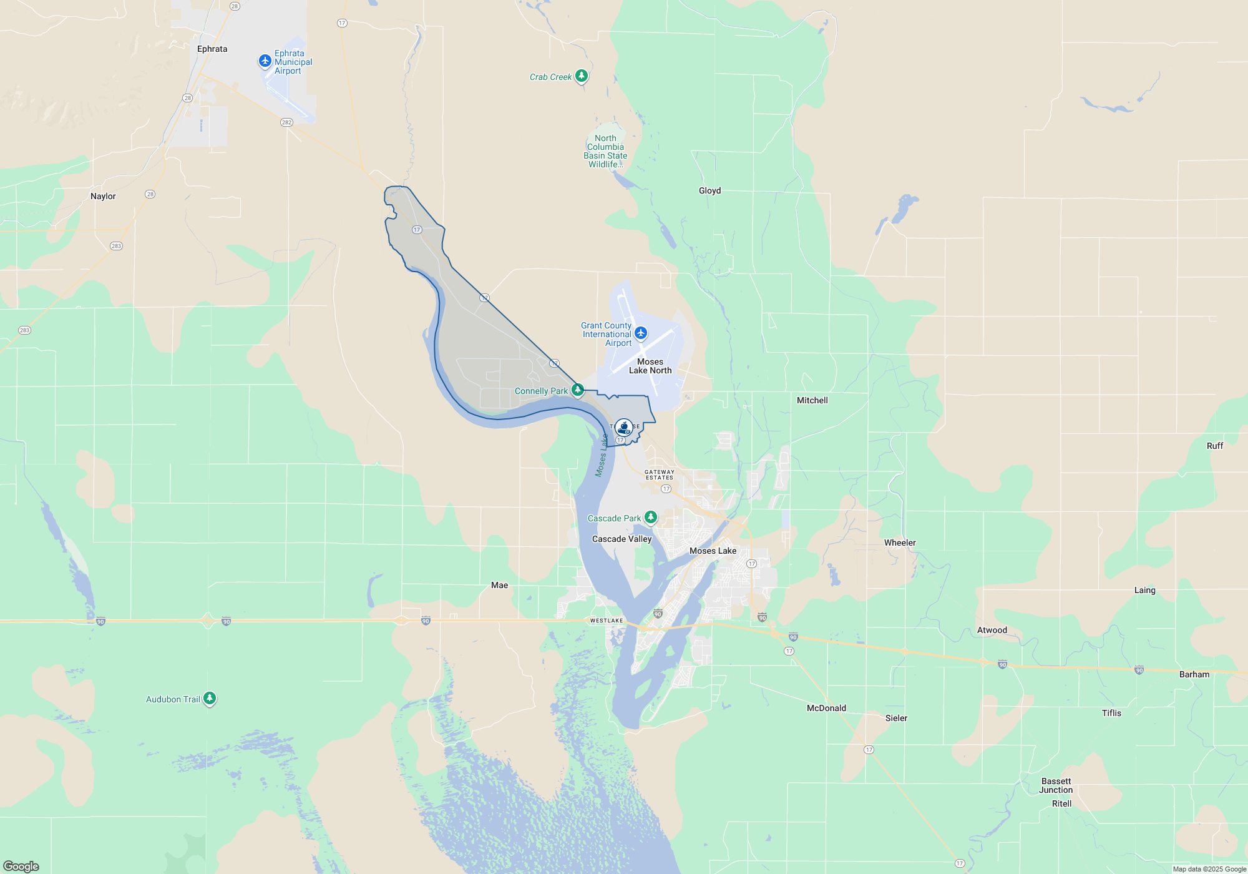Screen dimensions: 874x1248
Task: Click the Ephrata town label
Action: tap(212, 49)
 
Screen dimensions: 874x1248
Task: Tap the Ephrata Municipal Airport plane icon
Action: tap(265, 61)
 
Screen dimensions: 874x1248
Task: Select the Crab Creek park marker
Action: tap(582, 76)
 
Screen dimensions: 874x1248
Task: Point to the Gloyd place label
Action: tap(709, 190)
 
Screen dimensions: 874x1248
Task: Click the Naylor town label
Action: tap(103, 196)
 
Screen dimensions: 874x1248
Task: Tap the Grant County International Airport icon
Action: tap(641, 333)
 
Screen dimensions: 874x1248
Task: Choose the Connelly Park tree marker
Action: tap(578, 390)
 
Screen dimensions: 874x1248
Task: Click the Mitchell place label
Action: tap(812, 400)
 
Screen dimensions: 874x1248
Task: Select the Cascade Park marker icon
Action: tap(651, 517)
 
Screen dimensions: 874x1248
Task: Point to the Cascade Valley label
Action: tap(622, 539)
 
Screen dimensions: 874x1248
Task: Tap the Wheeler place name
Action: tap(900, 543)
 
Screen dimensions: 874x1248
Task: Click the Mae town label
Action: tap(499, 585)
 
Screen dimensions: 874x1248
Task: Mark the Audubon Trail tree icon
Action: tap(210, 698)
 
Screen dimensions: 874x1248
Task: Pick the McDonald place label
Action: tap(826, 708)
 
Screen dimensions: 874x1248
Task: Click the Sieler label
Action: tap(896, 718)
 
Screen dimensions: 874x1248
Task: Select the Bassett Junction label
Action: tap(1056, 785)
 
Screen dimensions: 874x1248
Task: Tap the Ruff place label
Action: tap(1214, 446)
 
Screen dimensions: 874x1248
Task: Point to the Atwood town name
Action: tap(992, 630)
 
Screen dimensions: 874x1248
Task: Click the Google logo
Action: tap(21, 866)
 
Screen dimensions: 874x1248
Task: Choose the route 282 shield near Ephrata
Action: tap(286, 122)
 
